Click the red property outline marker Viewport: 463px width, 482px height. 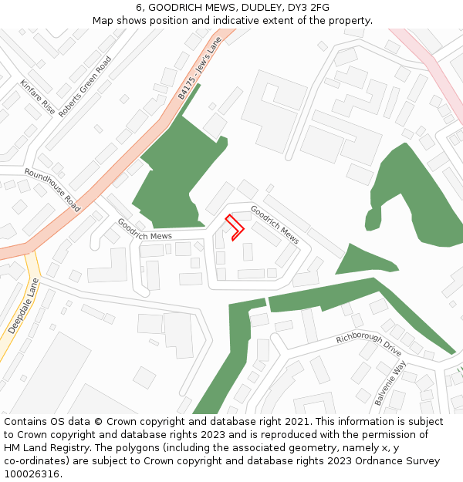(235, 228)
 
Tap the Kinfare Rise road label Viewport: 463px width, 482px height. (37, 97)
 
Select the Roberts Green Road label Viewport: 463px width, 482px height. (85, 86)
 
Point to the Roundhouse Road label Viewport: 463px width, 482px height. (52, 190)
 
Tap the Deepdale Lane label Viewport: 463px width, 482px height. (23, 306)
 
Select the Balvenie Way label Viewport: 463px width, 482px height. (390, 383)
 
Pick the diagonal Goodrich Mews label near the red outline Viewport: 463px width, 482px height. (274, 224)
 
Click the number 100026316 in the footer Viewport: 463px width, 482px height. (32, 474)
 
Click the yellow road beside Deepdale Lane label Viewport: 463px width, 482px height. (35, 281)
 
